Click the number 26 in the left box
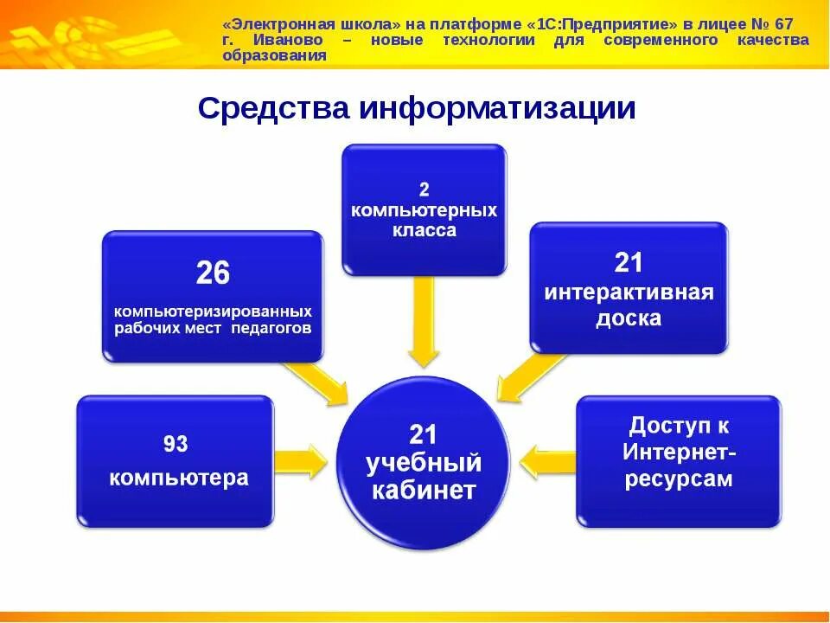(213, 273)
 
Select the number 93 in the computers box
(176, 444)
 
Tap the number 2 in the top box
(424, 189)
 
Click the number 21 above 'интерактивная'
(629, 262)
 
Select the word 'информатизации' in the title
(497, 109)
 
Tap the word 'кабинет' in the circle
(424, 491)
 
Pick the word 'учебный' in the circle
(424, 462)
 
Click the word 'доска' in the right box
(629, 318)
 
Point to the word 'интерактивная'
(629, 292)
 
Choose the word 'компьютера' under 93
(178, 477)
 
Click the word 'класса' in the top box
(424, 231)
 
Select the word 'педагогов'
(271, 329)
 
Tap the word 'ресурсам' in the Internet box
(678, 479)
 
